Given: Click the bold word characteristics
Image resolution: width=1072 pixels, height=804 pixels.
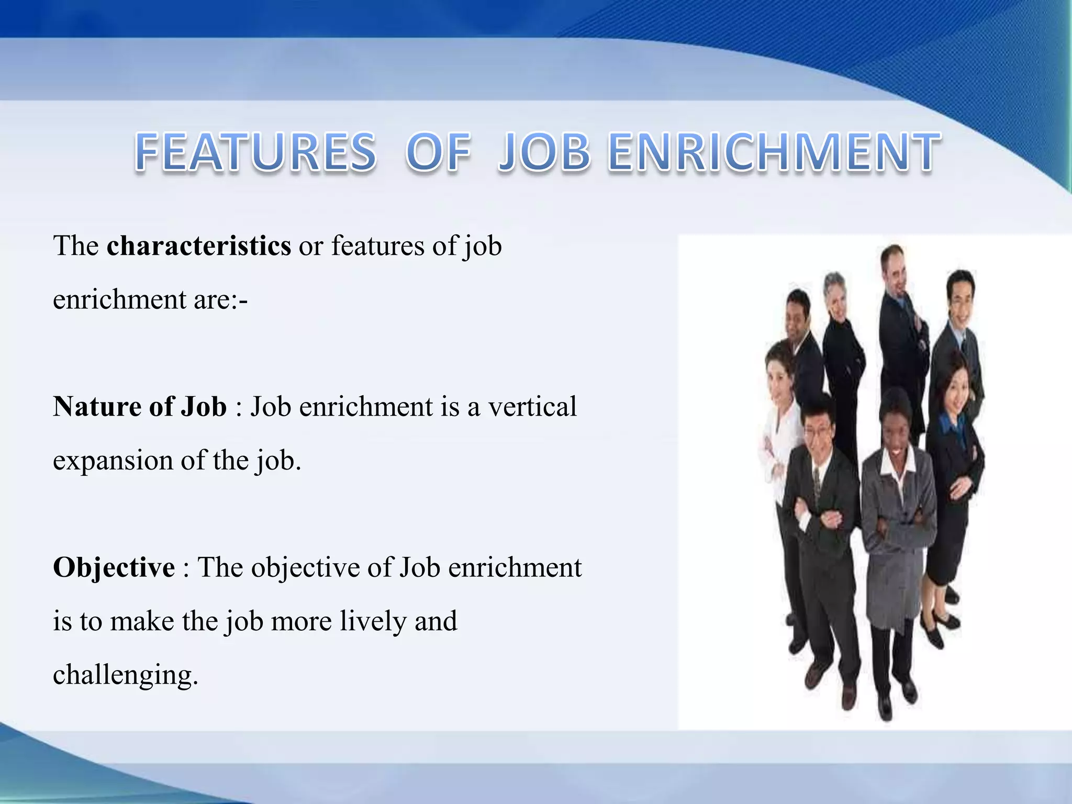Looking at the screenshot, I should click(x=199, y=245).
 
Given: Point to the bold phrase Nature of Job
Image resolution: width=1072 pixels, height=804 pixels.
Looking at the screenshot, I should click(x=140, y=407).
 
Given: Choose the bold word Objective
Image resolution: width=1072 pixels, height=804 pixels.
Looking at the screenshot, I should click(x=114, y=567).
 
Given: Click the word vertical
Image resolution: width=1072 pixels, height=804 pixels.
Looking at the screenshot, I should click(x=532, y=407).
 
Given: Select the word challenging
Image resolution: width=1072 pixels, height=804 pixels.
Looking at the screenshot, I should click(x=126, y=675).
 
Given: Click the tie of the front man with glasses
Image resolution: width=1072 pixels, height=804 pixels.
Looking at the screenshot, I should click(x=817, y=482).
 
